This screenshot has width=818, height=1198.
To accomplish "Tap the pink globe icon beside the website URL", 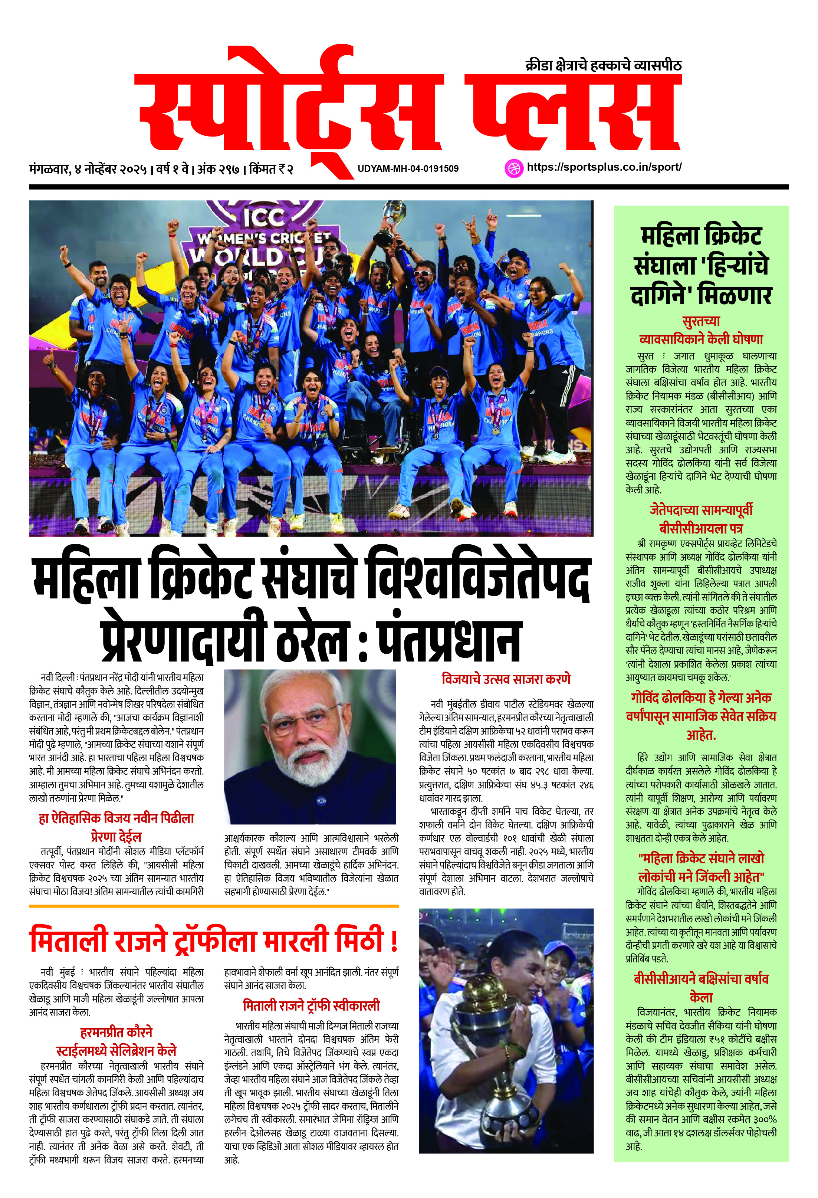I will point(513,168).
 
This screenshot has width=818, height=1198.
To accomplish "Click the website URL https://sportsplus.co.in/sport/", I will point(604,167).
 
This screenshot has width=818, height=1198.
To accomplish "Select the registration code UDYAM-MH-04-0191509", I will point(408,168).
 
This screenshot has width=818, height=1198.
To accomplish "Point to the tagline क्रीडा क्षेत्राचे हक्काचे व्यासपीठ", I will point(604,65).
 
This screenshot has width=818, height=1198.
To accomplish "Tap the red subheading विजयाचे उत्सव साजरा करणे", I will point(506,679).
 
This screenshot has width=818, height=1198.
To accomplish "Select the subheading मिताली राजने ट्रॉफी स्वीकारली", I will point(311,1005).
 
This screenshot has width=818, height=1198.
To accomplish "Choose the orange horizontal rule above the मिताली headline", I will point(213,906).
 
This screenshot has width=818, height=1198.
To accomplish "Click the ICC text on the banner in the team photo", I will point(264,218).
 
